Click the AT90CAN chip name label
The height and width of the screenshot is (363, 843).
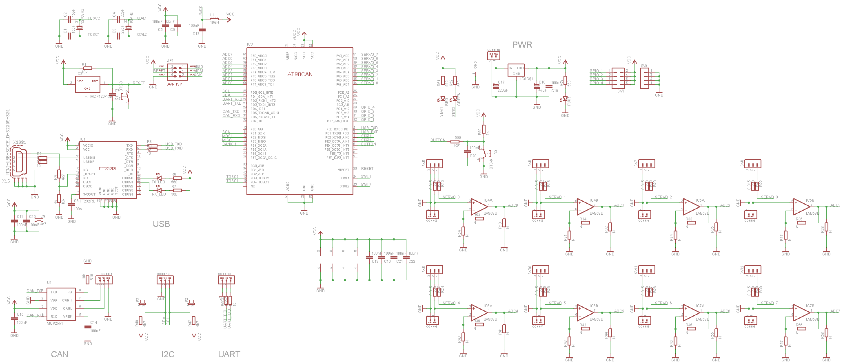coord(300,74)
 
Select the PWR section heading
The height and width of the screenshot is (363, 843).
coord(522,45)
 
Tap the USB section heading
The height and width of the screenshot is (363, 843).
coord(161,224)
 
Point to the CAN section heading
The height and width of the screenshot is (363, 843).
coord(60,354)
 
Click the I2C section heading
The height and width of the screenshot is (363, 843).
coord(168,354)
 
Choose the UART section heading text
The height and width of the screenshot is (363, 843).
coord(229,354)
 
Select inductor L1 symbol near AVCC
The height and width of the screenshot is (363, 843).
coord(214,19)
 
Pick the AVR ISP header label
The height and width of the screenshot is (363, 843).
coord(175,84)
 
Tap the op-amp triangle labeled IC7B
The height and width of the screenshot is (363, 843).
coord(801,312)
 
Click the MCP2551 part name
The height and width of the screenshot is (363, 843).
coord(55,323)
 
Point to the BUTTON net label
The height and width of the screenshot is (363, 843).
coord(438,140)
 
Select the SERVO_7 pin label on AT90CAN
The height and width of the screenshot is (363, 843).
coord(369,55)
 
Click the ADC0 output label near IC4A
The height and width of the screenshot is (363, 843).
coord(513,205)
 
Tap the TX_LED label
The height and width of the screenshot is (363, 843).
coord(158,183)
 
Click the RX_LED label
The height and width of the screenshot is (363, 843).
coord(158,194)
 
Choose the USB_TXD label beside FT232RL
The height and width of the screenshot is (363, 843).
coord(173,144)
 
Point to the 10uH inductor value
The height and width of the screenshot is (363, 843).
coord(214,23)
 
